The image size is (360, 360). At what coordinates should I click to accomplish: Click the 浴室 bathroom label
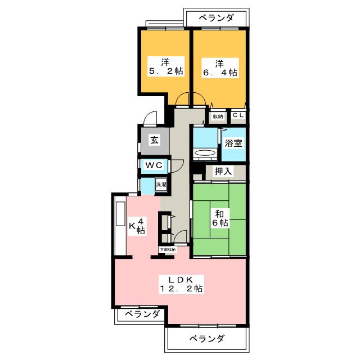point(233,143)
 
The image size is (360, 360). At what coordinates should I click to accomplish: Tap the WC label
point(154,165)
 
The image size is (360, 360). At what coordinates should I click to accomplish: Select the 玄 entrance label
point(154,141)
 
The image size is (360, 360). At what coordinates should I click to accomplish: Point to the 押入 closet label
point(223,171)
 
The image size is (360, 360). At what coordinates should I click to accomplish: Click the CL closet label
point(238,116)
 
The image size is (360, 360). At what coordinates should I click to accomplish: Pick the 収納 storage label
point(218,116)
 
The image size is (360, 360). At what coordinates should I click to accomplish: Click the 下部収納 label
point(168,249)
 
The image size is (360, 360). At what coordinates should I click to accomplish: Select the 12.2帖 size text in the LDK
point(181,289)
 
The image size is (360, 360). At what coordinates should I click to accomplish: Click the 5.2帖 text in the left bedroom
point(165,71)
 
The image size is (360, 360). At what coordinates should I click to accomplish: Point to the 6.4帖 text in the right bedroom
point(219,72)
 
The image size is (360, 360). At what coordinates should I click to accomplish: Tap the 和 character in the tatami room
point(219,213)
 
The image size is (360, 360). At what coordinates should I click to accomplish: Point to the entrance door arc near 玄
point(149,119)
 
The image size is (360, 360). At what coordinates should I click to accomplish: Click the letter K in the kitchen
point(133,226)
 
